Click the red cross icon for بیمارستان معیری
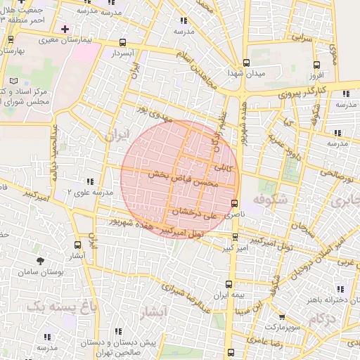(x=65, y=29)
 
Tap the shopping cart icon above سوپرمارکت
(x=282, y=317)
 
